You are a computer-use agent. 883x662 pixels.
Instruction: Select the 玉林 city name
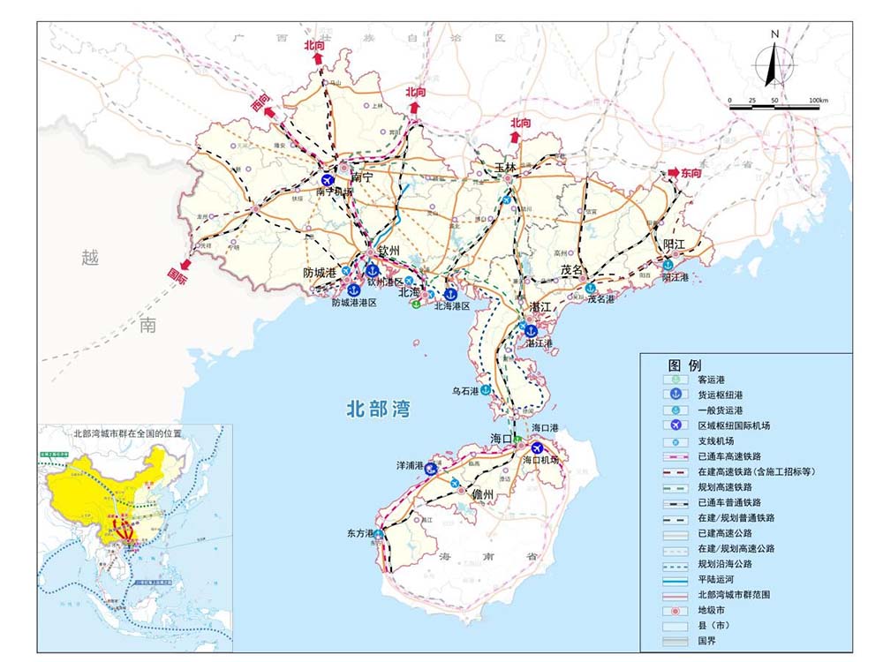click(x=504, y=165)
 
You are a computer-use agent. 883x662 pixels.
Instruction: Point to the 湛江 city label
click(x=540, y=305)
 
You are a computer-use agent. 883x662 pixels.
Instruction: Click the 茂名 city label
click(x=573, y=269)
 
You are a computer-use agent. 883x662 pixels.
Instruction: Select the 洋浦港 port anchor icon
click(x=432, y=469)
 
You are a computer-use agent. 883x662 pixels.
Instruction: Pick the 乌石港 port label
click(x=465, y=390)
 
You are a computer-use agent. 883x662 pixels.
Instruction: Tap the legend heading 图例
click(x=684, y=365)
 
